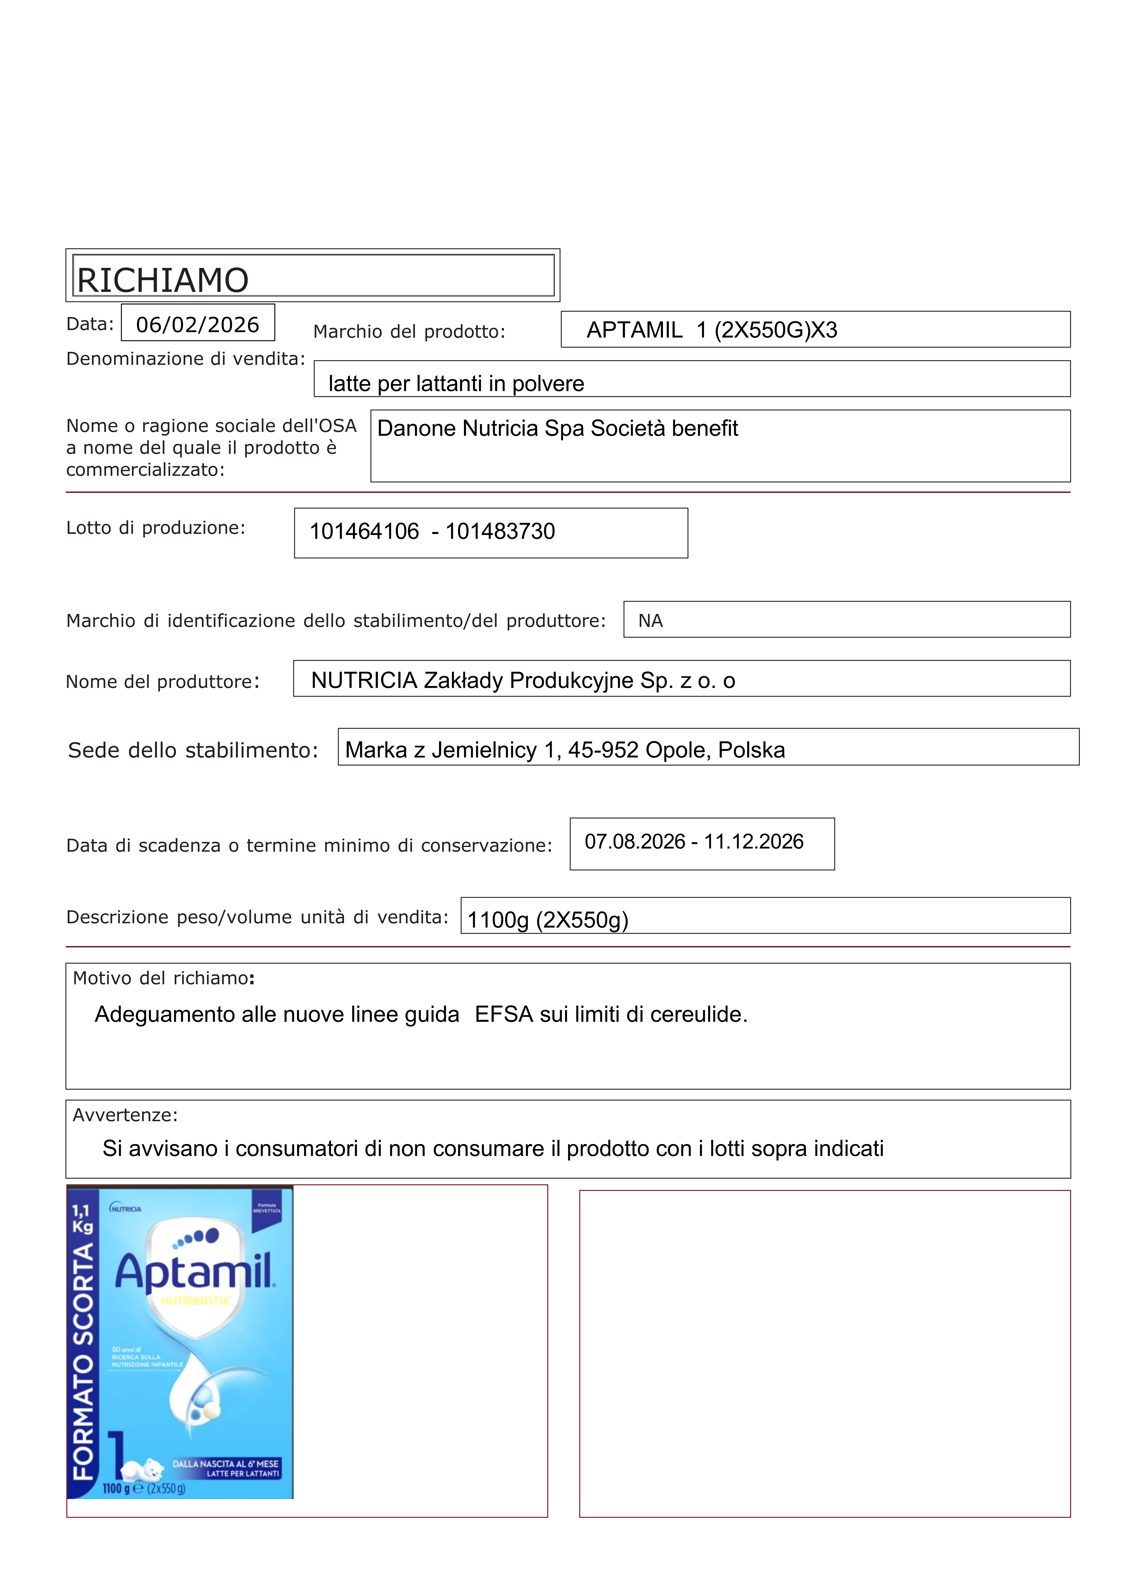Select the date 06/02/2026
coord(197,324)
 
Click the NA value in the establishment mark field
coord(650,621)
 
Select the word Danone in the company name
coord(417,429)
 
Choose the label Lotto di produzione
coord(155,528)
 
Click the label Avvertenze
coord(125,1115)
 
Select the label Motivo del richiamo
coord(163,978)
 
